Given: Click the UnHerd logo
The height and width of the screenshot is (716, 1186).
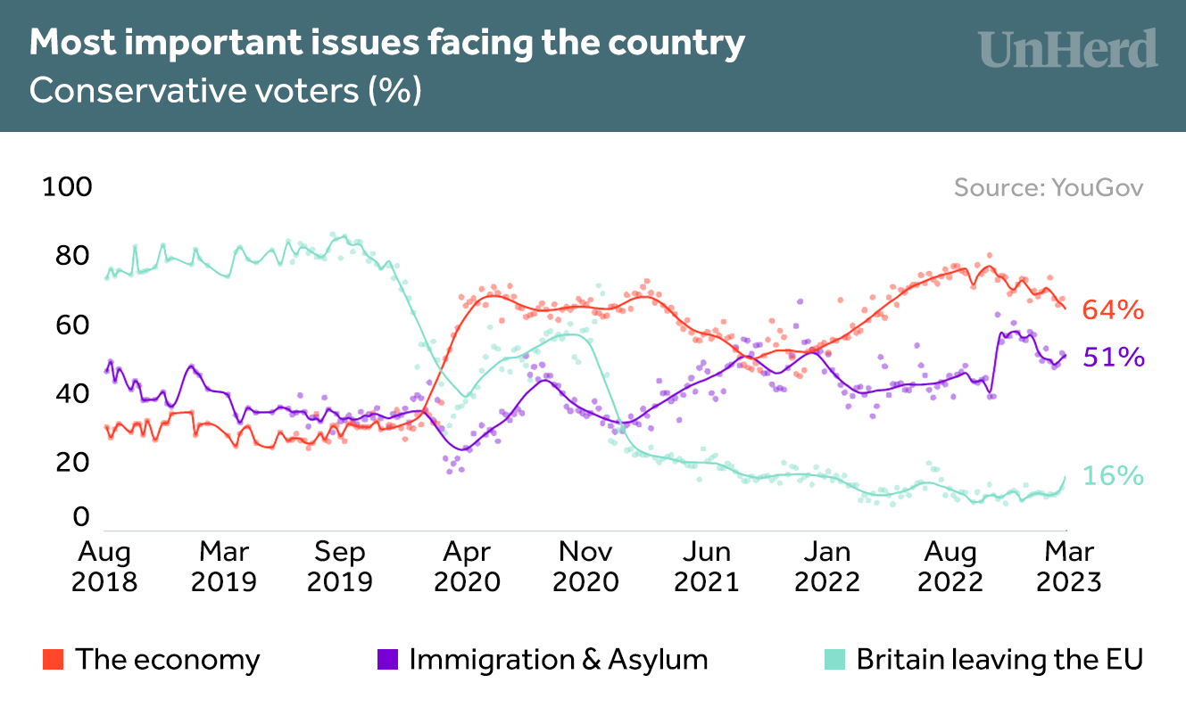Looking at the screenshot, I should click(x=1067, y=49).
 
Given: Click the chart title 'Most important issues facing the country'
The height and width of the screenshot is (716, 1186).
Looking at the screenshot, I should click(x=387, y=44).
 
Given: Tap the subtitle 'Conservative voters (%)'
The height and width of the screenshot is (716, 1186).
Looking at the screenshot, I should click(x=225, y=91).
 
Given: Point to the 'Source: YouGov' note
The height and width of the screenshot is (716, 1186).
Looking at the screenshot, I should click(x=1048, y=188).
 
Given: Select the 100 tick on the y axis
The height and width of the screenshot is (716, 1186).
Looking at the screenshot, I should click(x=68, y=187).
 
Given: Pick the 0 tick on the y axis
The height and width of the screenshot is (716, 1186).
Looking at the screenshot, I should click(x=82, y=517).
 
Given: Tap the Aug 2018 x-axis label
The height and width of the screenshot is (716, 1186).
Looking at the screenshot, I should click(x=105, y=567).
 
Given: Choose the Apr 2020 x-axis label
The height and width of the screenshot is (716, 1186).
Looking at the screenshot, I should click(x=467, y=567).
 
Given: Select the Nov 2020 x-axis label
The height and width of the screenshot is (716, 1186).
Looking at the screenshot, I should click(x=585, y=567).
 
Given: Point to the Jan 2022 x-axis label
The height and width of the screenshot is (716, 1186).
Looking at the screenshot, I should click(x=827, y=567).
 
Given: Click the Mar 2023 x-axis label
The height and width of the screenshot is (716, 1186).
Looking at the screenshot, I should click(x=1068, y=567).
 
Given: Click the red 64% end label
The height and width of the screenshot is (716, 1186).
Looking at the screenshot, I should click(x=1113, y=310).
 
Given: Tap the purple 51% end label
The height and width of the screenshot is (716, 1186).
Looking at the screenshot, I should click(x=1113, y=358).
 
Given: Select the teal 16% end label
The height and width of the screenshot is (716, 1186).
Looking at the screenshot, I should click(x=1113, y=476).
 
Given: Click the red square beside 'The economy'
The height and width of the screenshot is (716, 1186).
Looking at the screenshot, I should click(x=53, y=660).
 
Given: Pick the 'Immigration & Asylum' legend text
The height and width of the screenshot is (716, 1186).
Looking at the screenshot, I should click(x=559, y=660).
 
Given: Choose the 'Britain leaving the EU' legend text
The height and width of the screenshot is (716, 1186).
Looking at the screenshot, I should click(x=999, y=660).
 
